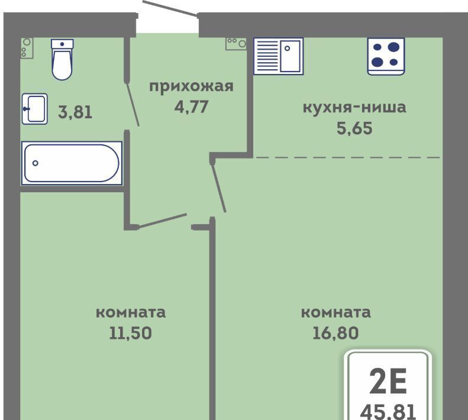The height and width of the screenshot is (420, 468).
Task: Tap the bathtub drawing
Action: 72,163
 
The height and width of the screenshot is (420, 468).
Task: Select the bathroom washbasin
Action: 35,109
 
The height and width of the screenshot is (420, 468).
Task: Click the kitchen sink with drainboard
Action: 279,56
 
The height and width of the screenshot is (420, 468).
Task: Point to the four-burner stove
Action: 386,56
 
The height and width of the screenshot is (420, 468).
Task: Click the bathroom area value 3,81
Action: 75,112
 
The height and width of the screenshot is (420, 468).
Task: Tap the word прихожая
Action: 191,86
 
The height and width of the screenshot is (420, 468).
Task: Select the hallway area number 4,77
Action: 191,107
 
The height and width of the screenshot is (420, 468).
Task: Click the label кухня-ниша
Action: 354,107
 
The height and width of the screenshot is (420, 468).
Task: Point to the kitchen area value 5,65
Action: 354,128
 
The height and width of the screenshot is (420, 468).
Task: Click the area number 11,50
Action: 130,333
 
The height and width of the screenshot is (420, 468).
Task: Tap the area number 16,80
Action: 336,333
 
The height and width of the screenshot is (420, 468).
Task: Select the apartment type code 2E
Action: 388,381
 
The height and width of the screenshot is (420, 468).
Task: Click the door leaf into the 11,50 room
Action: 163,221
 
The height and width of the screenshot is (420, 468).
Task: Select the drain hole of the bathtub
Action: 35,163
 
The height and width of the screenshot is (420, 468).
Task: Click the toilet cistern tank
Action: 62,44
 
